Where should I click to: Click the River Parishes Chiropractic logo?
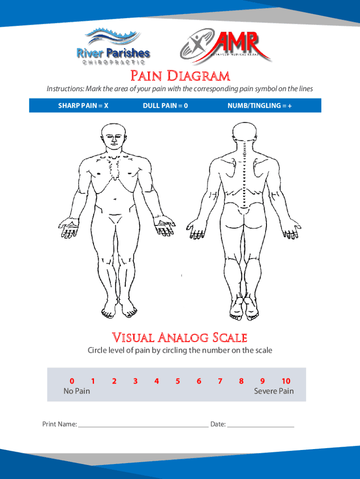114,46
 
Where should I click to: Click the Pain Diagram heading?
180,76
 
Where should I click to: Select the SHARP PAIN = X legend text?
83,106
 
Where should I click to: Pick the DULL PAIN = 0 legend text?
166,106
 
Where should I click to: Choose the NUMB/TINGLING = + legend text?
259,106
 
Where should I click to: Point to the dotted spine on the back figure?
245,173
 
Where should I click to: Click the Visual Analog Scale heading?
180,337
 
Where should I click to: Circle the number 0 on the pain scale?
72,381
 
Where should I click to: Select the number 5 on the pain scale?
178,381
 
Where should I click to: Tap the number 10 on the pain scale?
286,381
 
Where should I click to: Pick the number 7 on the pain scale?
220,381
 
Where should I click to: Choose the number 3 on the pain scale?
135,381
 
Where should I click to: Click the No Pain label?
77,391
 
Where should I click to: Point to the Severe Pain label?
274,391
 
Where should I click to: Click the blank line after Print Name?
143,425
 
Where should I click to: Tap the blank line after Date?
261,425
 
